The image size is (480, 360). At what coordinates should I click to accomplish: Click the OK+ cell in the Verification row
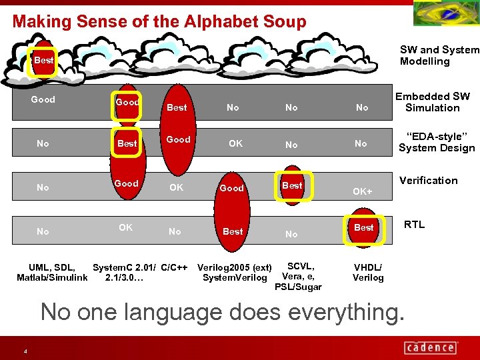363,192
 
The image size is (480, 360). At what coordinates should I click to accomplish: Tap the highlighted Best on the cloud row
44,61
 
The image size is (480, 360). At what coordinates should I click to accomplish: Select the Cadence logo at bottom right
430,347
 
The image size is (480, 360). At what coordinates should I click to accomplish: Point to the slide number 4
25,351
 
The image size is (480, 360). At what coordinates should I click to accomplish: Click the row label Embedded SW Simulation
433,102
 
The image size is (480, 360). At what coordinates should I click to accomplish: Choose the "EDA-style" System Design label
437,143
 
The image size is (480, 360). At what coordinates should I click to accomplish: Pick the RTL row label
414,225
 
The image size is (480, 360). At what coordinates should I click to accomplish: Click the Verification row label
429,181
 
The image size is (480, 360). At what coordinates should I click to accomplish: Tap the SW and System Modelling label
439,55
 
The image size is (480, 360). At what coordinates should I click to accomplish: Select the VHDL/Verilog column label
368,273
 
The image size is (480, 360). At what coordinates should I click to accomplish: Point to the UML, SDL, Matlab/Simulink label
52,273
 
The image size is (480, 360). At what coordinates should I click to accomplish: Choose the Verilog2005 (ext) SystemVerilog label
234,273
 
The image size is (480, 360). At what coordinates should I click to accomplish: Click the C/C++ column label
174,268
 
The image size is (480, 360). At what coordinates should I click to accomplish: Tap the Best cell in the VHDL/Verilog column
364,227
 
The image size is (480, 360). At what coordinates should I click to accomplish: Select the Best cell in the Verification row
292,185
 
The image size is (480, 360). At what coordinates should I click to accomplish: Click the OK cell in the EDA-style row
235,143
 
